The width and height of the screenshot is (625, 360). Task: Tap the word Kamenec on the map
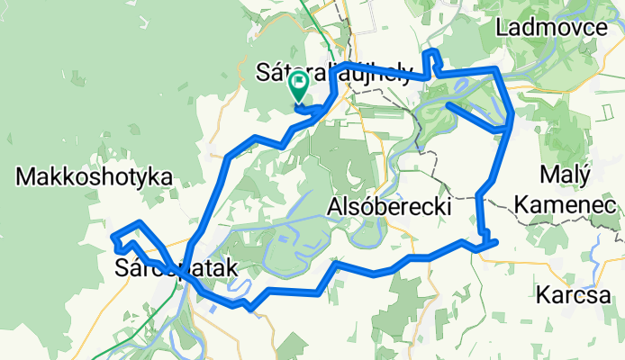point(565,206)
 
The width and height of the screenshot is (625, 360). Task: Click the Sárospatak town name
point(176,267)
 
